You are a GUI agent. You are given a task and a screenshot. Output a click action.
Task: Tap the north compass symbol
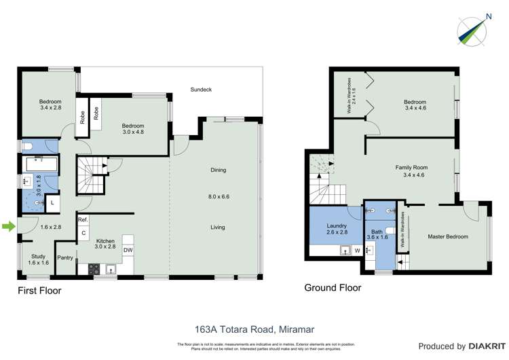[x=472, y=29]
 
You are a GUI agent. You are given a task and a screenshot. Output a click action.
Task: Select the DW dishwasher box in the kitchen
[x=128, y=251]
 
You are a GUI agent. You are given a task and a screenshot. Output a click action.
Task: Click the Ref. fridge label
[x=83, y=220]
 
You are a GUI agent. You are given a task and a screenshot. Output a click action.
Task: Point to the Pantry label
[x=65, y=257]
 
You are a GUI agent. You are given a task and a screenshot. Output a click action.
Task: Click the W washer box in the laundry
[x=357, y=251]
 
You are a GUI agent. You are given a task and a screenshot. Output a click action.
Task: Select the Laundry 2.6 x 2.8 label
[x=336, y=229]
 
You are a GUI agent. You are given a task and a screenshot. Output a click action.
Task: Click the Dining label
[x=217, y=170]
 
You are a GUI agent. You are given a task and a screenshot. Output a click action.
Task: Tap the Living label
[x=217, y=227]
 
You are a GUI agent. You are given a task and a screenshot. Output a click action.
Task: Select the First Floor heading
[x=39, y=291]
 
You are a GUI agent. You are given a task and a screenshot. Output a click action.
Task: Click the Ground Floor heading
[x=333, y=287]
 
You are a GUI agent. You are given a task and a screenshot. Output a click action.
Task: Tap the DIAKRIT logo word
[x=478, y=346]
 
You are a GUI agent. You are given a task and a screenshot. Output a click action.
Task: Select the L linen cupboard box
[x=52, y=202]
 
